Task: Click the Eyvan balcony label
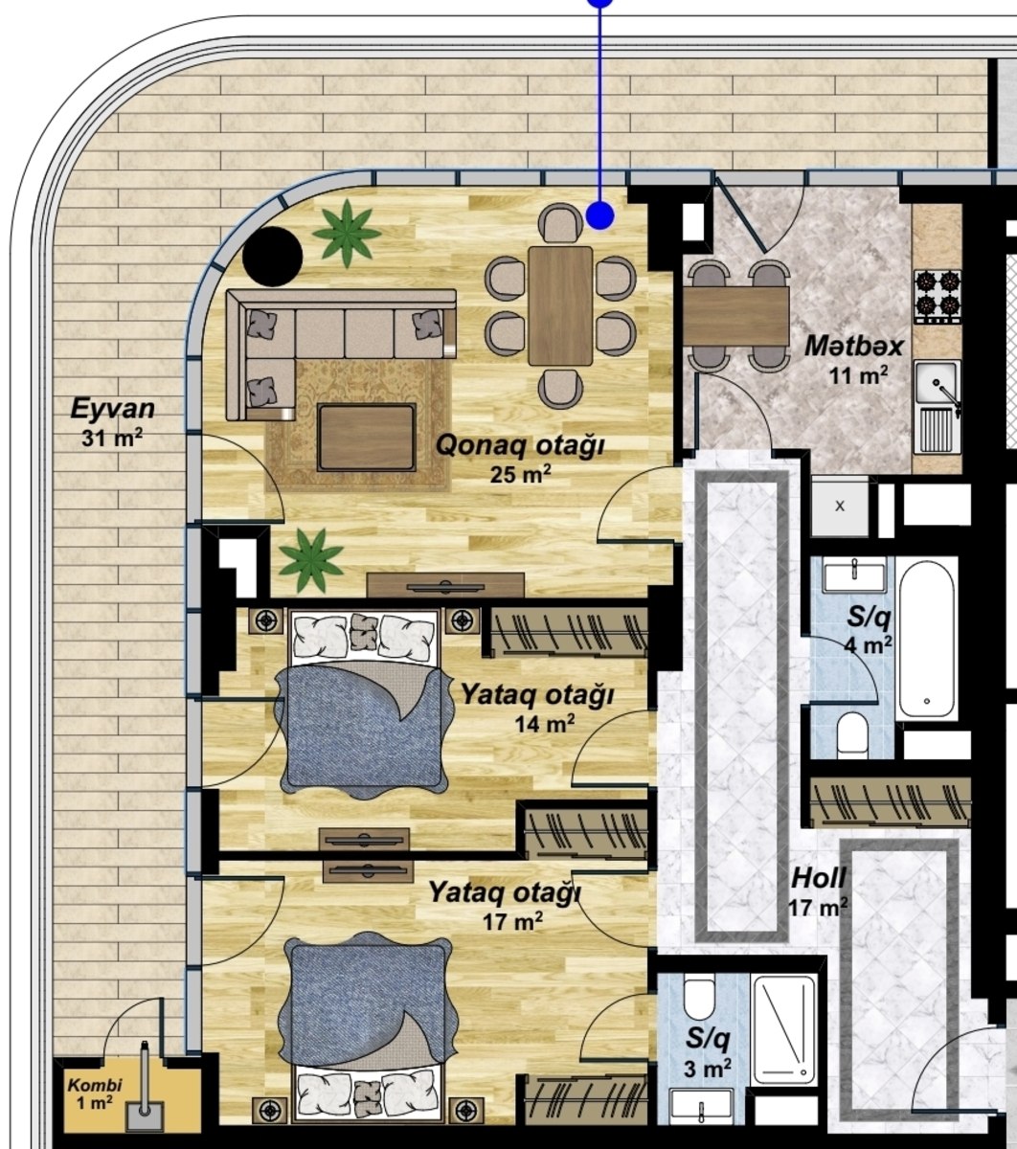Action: tap(112, 409)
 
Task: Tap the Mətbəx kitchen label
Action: tap(853, 346)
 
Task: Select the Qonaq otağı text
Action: tap(520, 445)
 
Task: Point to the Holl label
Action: tap(819, 878)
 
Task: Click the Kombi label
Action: tap(95, 1086)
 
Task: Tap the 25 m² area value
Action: tap(520, 474)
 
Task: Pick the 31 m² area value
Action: tap(112, 438)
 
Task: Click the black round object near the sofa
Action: tap(272, 257)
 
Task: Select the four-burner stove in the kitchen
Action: tap(937, 297)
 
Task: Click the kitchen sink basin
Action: tap(936, 382)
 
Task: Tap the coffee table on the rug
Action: tap(367, 438)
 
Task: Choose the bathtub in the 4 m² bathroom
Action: tap(926, 640)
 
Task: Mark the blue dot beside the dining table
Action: tap(600, 215)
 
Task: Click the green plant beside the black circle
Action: tap(347, 233)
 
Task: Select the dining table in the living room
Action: tap(560, 305)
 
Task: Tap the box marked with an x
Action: tap(840, 507)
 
